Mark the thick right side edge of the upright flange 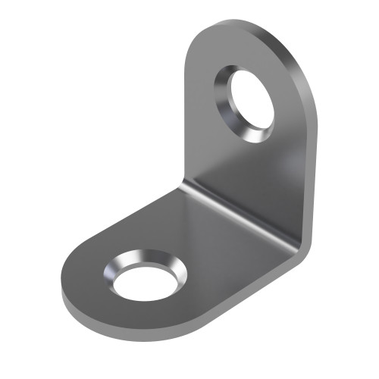(311, 152)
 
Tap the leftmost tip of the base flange (61, 292)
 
